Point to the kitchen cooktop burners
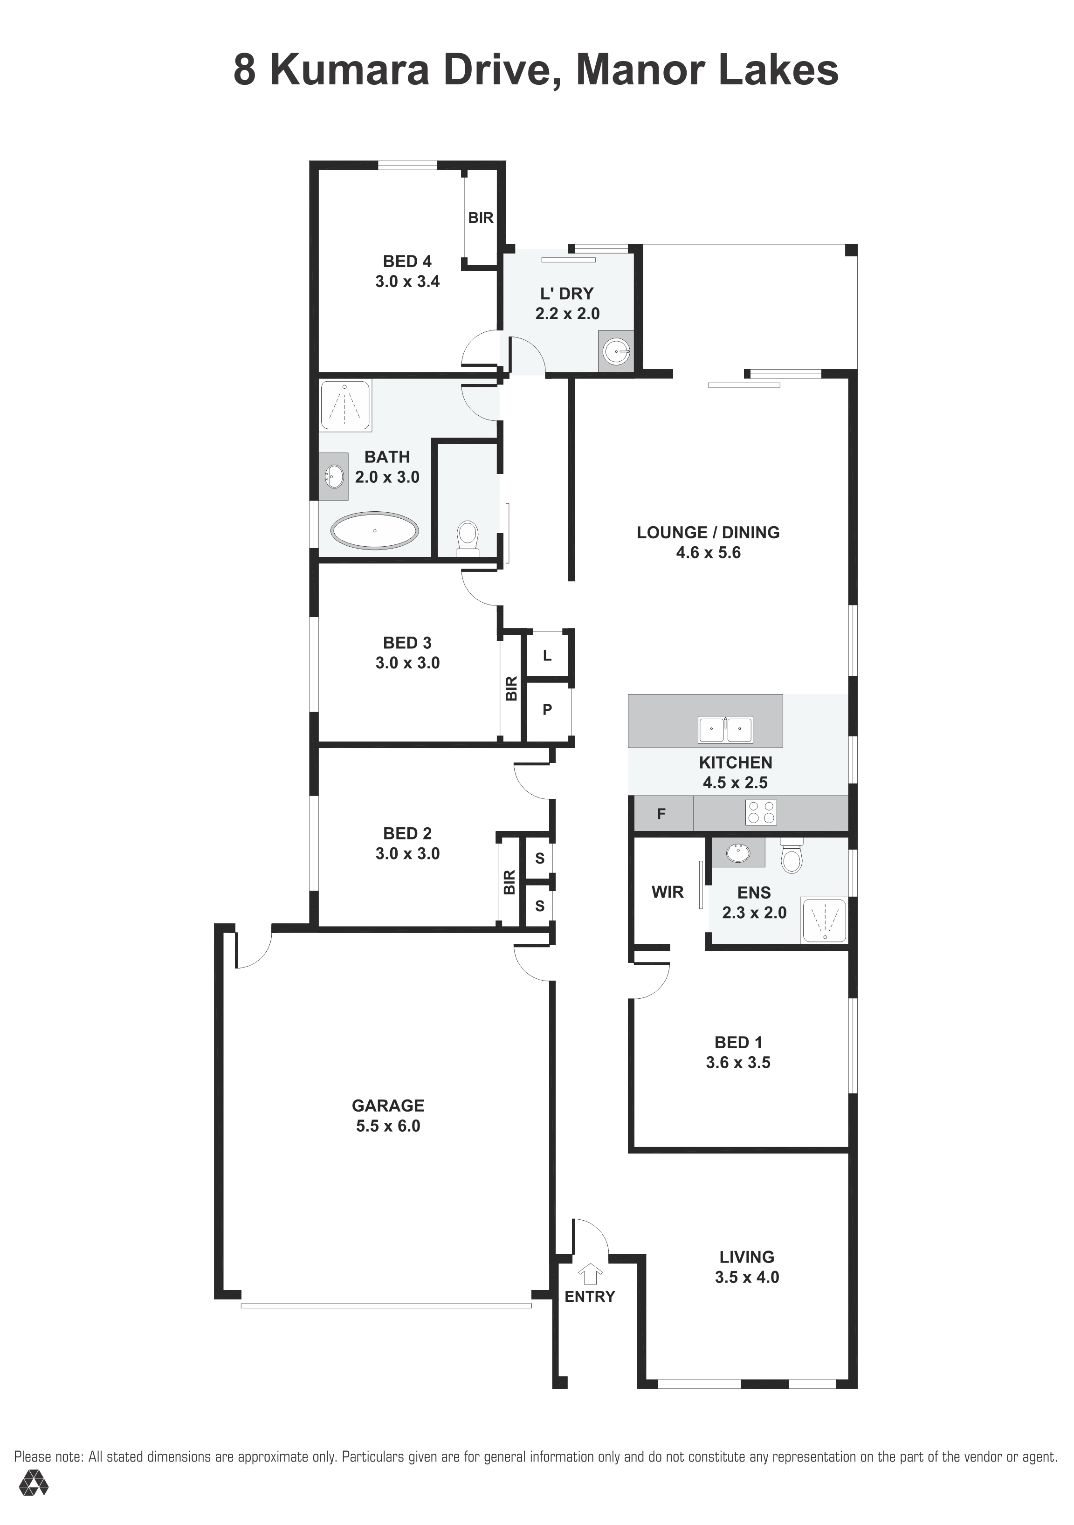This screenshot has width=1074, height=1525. [x=761, y=812]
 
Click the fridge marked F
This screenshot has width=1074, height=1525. [x=661, y=814]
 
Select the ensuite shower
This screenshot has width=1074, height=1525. [x=824, y=920]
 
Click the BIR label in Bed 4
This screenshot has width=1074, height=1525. [x=481, y=217]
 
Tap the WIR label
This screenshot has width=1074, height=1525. [x=668, y=892]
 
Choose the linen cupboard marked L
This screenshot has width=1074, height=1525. [x=547, y=656]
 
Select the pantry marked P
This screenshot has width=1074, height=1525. [x=547, y=710]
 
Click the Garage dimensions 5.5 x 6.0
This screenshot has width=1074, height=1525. [x=388, y=1126]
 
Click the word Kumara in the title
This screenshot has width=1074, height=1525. [x=350, y=70]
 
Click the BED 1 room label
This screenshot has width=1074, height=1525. [x=738, y=1042]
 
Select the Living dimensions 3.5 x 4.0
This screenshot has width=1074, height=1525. [x=747, y=1277]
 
